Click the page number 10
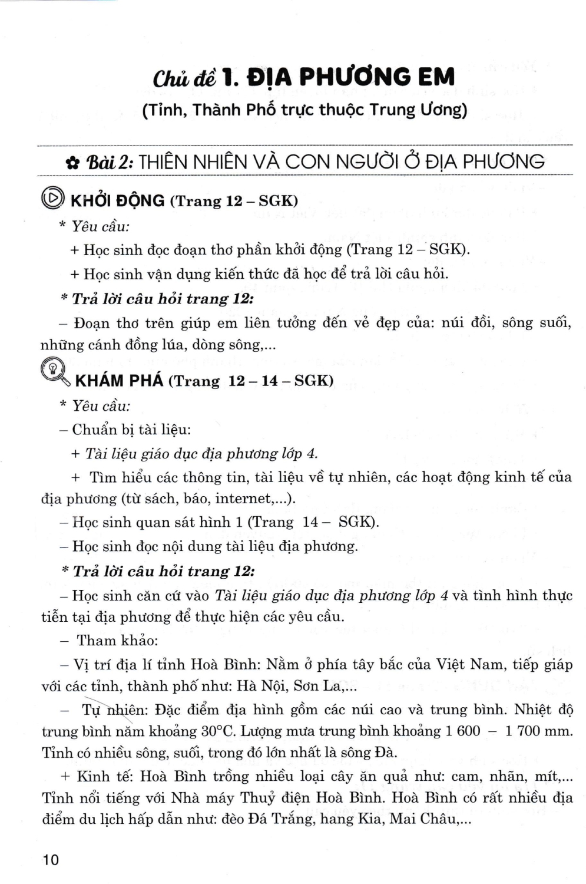click(x=51, y=859)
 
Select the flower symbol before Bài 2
click(x=72, y=163)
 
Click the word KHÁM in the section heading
click(x=98, y=381)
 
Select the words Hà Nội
click(x=261, y=686)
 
